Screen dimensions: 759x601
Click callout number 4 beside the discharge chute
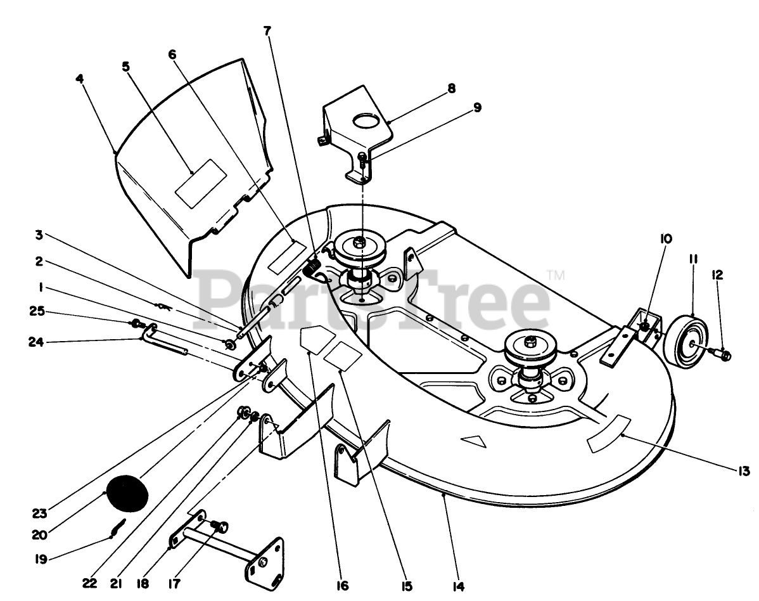79,79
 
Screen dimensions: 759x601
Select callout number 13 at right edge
743,471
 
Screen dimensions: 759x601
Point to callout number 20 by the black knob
39,534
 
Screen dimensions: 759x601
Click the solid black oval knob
126,491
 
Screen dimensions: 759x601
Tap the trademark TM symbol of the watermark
556,275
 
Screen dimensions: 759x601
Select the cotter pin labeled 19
118,527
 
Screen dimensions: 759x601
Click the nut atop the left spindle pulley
359,241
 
